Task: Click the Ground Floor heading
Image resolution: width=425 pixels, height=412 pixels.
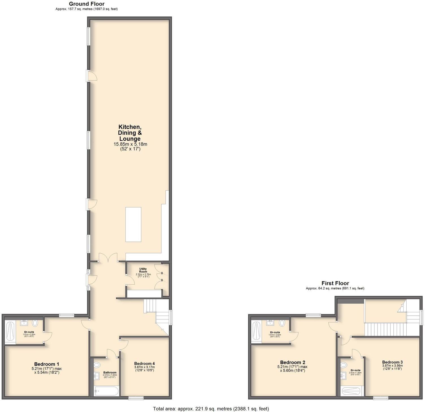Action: point(86,4)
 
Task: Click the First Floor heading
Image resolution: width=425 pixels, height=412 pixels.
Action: point(335,283)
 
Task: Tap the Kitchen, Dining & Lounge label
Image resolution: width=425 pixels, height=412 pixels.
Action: point(130,133)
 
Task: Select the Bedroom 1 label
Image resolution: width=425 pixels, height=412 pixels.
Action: point(47,364)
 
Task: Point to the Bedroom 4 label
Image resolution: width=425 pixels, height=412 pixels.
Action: point(144,364)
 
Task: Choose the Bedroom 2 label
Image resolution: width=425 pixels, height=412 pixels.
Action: point(292,362)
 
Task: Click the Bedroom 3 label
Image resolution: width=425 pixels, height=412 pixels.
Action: point(392,362)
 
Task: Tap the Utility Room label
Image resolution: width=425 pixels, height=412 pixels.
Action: point(143,270)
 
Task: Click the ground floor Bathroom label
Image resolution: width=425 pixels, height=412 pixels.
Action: point(110,373)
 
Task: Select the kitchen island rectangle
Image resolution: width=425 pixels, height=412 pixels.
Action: point(133,224)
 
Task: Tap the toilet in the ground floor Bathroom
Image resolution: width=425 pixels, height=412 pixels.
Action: point(97,365)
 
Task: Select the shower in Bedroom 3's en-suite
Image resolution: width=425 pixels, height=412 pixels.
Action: point(352,391)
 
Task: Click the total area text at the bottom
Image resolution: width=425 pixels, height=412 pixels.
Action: point(211,409)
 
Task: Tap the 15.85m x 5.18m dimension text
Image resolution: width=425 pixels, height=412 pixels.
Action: point(130,144)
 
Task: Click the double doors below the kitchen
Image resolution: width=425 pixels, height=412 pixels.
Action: point(108,257)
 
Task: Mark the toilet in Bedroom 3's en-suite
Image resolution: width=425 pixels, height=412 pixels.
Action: point(344,365)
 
